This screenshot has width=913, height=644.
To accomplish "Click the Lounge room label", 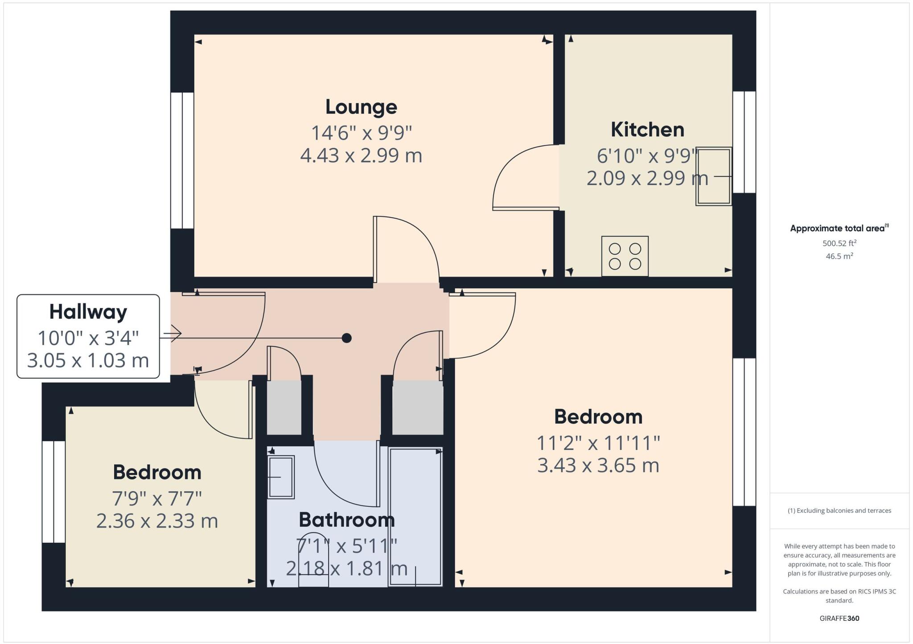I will click(x=361, y=107).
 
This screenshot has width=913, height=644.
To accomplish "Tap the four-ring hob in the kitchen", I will click(x=625, y=256).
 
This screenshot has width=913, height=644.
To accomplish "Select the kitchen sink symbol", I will click(x=713, y=176).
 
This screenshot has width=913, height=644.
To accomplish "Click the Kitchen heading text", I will click(x=647, y=130).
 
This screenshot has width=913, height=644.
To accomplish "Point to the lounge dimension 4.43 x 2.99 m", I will click(x=361, y=156).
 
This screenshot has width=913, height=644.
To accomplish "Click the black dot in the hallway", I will click(x=346, y=338).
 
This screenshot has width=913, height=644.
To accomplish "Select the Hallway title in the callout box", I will click(x=88, y=312).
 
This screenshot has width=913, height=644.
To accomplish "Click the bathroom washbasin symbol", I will click(x=281, y=477).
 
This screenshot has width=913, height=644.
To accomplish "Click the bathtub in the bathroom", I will click(x=415, y=517).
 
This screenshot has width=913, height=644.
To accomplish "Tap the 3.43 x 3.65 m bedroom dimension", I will click(x=598, y=466).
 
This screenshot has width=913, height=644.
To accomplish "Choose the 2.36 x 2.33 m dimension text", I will click(x=157, y=521).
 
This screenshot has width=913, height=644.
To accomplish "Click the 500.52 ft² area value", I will click(x=839, y=243).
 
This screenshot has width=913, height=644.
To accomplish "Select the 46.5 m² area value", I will click(x=839, y=256).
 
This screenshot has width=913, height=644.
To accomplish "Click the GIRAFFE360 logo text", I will click(x=839, y=618).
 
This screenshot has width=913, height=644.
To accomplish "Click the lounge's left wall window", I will click(x=182, y=160).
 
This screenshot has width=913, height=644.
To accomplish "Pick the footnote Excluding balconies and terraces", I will click(x=839, y=510).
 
